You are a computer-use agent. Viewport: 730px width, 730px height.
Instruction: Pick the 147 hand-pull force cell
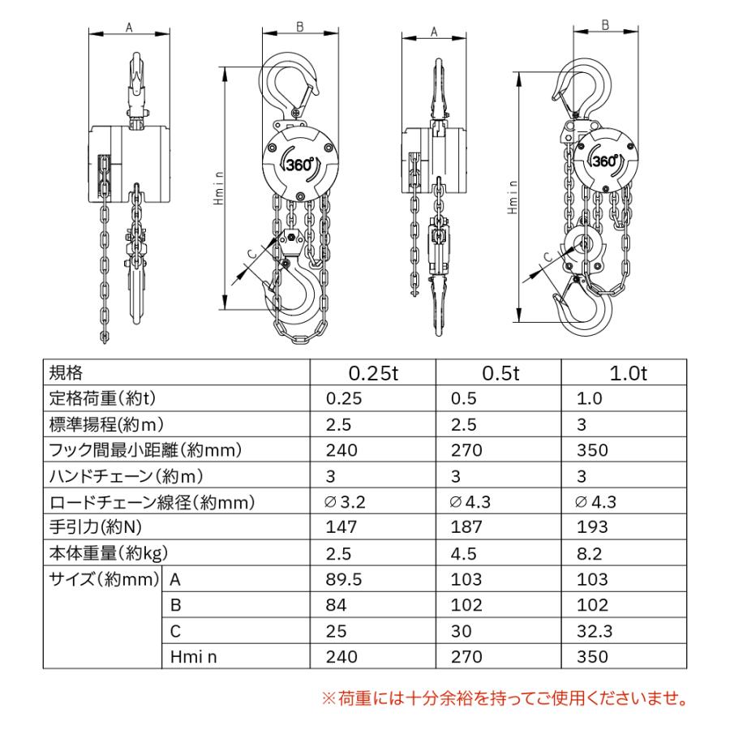click(340, 527)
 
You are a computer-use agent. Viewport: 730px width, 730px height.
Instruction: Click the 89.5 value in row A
click(343, 579)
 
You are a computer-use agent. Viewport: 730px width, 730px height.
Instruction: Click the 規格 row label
click(67, 373)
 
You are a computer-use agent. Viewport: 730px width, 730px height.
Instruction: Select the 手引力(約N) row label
click(95, 527)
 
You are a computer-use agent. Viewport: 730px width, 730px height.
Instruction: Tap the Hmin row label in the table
click(194, 657)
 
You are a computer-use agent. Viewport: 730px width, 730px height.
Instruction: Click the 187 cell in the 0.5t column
click(467, 527)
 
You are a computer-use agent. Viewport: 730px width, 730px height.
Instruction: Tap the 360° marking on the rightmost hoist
click(606, 160)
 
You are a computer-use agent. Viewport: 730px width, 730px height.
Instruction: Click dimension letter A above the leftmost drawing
click(129, 27)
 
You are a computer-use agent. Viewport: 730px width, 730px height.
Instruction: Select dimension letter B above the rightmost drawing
click(606, 25)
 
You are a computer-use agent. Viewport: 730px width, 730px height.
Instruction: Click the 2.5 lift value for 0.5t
click(466, 424)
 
